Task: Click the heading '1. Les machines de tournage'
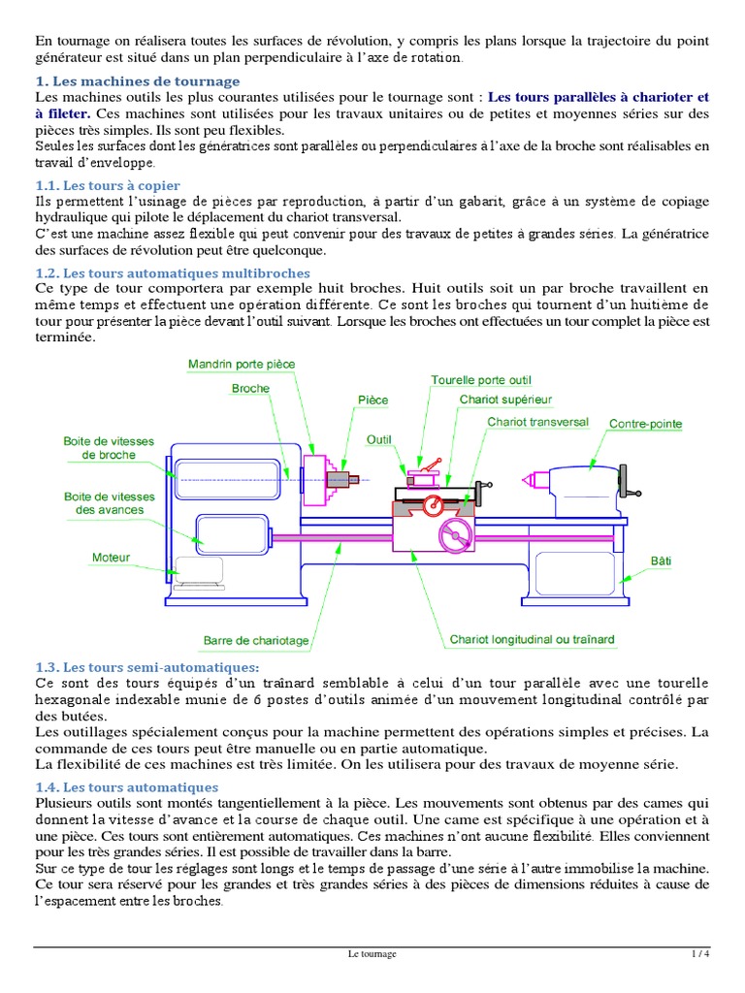click(137, 81)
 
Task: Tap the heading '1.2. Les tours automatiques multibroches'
click(172, 273)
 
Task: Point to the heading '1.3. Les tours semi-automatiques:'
click(147, 667)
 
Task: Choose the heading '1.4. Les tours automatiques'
click(126, 787)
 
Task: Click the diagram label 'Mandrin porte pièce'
click(242, 364)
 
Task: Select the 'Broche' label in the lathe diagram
click(250, 388)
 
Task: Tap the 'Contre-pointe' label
click(645, 424)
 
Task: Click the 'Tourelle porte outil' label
click(481, 380)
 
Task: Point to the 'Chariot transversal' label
click(537, 422)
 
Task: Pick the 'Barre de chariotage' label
click(256, 640)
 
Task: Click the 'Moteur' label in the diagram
click(111, 558)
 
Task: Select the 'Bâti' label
click(661, 561)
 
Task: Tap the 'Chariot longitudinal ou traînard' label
click(532, 640)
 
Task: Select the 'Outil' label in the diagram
click(378, 439)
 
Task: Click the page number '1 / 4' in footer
click(700, 954)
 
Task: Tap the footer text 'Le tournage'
click(372, 954)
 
